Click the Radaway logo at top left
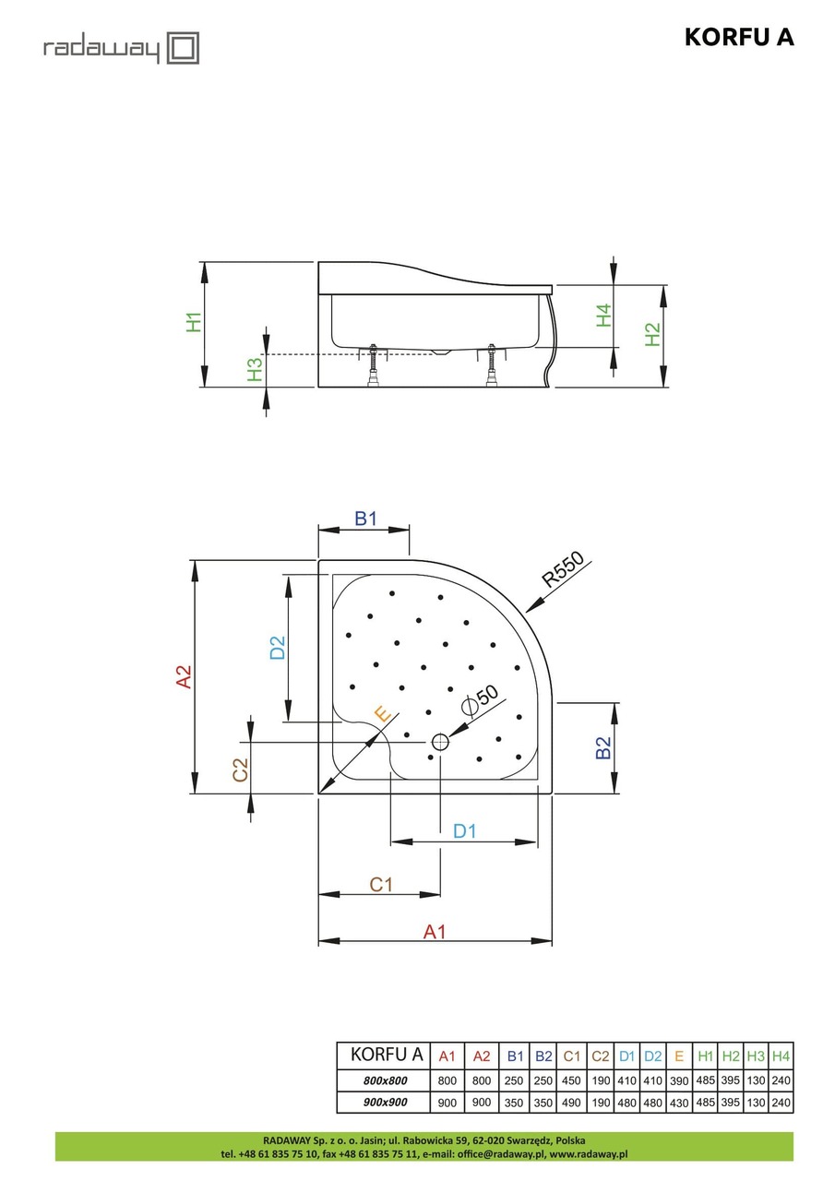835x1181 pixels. pyautogui.click(x=121, y=48)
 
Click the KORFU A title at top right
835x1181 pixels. pyautogui.click(x=738, y=37)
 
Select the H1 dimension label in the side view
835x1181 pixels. pyautogui.click(x=193, y=322)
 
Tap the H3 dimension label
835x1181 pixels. pyautogui.click(x=255, y=369)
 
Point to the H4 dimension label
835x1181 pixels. pyautogui.click(x=603, y=316)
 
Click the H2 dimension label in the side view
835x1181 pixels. pyautogui.click(x=652, y=334)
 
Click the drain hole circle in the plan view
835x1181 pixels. pyautogui.click(x=439, y=741)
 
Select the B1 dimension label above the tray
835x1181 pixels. pyautogui.click(x=366, y=519)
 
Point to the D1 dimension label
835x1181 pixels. pyautogui.click(x=464, y=830)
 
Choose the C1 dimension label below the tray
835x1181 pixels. pyautogui.click(x=381, y=884)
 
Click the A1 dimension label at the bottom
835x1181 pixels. pyautogui.click(x=434, y=932)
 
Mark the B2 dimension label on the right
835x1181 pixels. pyautogui.click(x=602, y=747)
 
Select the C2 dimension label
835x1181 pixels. pyautogui.click(x=239, y=770)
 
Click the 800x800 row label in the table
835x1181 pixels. pyautogui.click(x=383, y=1080)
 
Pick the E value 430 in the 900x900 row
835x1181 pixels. pyautogui.click(x=679, y=1102)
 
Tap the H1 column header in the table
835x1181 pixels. pyautogui.click(x=706, y=1056)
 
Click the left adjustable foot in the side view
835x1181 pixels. pyautogui.click(x=375, y=364)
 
